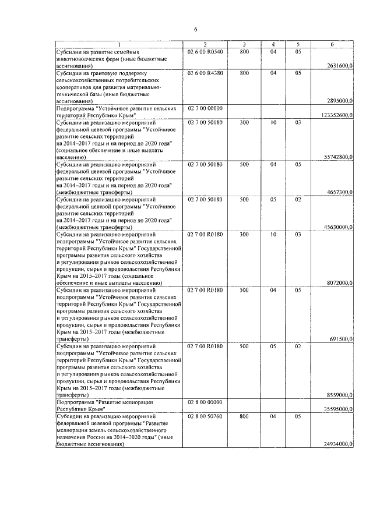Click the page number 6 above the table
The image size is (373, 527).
[x=196, y=29]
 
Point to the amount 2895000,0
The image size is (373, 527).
[x=339, y=100]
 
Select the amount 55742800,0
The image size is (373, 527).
[x=337, y=157]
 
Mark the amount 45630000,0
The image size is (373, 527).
[x=337, y=227]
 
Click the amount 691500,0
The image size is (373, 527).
[x=340, y=338]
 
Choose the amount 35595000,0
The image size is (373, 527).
[x=337, y=410]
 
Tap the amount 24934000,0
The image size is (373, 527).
[x=337, y=444]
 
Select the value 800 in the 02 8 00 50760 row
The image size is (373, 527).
[x=244, y=418]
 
